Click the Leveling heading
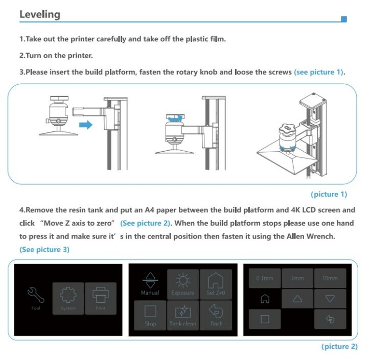(40, 14)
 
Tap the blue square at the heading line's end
(344, 19)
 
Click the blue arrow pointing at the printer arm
(86, 125)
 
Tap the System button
(68, 298)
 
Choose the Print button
(100, 298)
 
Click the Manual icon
(150, 283)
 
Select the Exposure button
(182, 283)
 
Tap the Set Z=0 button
(215, 283)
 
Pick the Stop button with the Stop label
(150, 315)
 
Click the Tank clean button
(182, 315)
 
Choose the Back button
(215, 315)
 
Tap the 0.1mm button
(265, 278)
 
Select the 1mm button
(297, 278)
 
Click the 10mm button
(330, 278)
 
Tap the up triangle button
(297, 299)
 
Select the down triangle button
(330, 299)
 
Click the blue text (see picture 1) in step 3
(319, 72)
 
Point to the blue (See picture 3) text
(44, 250)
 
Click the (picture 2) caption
(339, 347)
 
